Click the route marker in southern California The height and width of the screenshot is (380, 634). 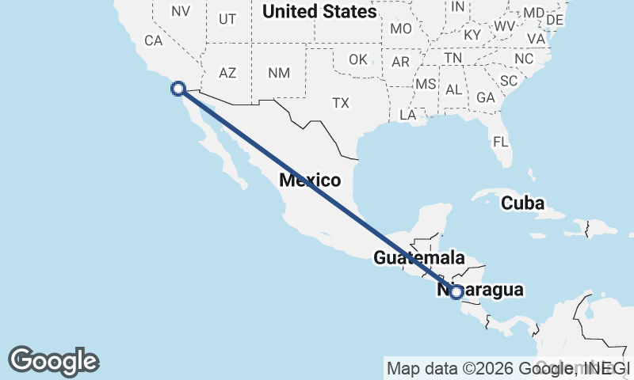point(178,89)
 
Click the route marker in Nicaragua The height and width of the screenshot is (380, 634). point(456,291)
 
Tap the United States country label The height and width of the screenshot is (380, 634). point(319,12)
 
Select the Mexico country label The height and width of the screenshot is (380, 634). point(310,180)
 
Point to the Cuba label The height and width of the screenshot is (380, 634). point(523,203)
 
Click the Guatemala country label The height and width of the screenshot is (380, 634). point(418,258)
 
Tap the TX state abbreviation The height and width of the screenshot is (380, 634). point(341,103)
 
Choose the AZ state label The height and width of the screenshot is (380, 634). point(227,73)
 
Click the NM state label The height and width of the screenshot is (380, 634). point(279,73)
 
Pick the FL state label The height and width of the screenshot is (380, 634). point(500,142)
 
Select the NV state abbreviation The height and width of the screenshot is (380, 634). point(181,11)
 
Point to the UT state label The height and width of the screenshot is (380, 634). point(227,19)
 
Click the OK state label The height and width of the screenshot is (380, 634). point(358,59)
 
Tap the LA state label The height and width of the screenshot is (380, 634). point(408,115)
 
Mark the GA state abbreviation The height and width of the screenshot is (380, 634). point(486,97)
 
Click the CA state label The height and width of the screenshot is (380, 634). point(153,40)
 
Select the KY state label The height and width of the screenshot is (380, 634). point(472,35)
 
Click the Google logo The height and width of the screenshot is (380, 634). point(54,360)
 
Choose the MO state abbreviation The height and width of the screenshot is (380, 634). point(401,28)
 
